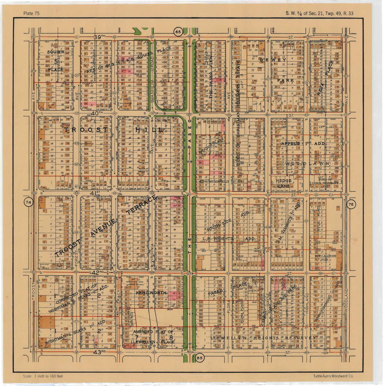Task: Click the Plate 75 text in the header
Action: (x=32, y=13)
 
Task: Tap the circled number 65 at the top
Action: (x=178, y=32)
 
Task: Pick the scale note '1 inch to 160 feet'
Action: (x=43, y=376)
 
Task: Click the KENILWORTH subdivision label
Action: (x=151, y=293)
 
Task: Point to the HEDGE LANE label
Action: (x=283, y=183)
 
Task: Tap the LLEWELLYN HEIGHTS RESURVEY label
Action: (x=263, y=338)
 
